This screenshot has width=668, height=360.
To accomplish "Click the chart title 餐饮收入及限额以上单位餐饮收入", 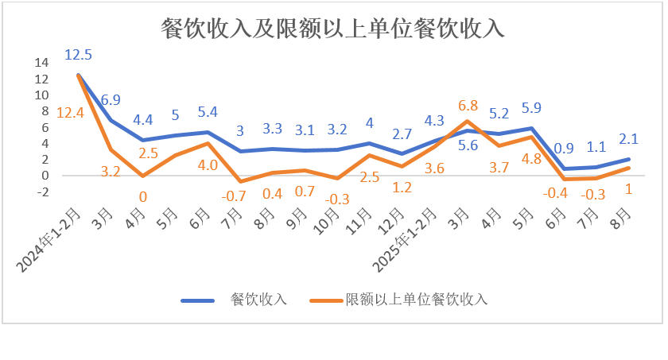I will tap(333, 29).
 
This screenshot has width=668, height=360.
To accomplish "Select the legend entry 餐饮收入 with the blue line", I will tap(257, 300).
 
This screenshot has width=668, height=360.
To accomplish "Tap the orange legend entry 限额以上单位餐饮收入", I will tap(416, 300).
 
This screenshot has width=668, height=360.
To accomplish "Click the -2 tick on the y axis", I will tap(43, 192).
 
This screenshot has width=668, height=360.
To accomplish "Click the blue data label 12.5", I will tap(79, 55).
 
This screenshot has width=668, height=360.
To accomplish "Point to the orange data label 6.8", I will tap(468, 106).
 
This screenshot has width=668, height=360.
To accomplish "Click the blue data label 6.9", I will tap(111, 99).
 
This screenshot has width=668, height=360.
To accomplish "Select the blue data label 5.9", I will tap(530, 108).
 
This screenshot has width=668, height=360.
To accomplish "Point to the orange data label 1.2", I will tap(402, 188).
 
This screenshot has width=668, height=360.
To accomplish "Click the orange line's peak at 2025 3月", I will tap(468, 121).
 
